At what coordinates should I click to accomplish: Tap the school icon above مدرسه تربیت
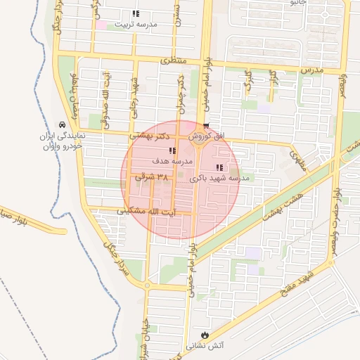(135, 13)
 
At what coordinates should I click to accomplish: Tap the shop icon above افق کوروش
(205, 126)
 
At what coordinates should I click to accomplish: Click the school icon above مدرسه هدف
(172, 150)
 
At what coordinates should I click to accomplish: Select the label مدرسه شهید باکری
(220, 179)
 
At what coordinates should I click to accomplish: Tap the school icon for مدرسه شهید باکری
(219, 167)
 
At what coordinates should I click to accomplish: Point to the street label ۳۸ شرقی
(153, 179)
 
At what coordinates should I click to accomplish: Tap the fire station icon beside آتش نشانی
(205, 335)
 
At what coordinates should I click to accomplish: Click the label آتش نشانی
(204, 346)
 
